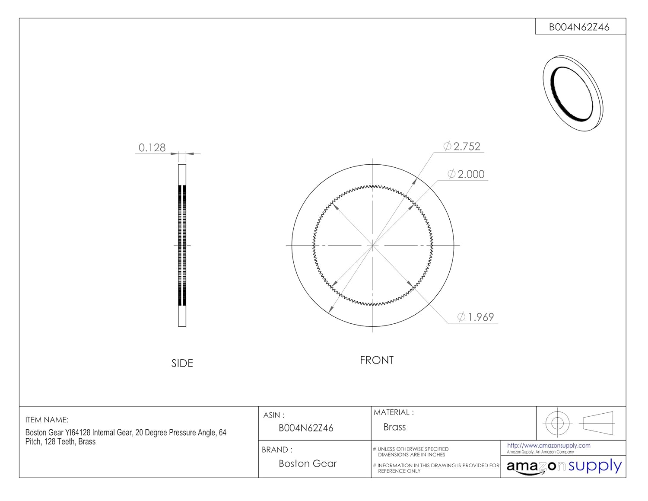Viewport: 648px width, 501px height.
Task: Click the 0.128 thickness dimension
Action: (152, 148)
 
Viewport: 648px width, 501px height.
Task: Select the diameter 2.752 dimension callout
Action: (462, 147)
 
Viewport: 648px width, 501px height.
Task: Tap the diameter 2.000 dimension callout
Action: (466, 174)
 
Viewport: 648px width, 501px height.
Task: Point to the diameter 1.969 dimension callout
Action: (476, 317)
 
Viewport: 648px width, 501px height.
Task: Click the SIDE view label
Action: (182, 364)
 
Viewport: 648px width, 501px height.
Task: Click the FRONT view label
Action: (377, 361)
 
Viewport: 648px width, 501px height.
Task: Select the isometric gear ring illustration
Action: (573, 93)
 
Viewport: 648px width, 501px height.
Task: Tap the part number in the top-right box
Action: (579, 27)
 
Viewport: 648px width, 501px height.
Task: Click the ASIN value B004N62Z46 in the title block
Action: (306, 428)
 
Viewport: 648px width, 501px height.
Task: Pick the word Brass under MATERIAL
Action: (394, 427)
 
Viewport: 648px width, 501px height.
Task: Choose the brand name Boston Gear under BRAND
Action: (308, 463)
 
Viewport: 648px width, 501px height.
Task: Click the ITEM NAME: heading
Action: (47, 420)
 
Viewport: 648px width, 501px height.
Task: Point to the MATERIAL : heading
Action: (394, 412)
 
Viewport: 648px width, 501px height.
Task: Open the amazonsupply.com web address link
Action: (549, 446)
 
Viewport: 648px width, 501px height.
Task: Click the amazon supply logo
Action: (564, 466)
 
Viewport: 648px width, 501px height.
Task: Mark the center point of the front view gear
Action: (373, 245)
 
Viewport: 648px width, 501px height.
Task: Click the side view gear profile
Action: (182, 245)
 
